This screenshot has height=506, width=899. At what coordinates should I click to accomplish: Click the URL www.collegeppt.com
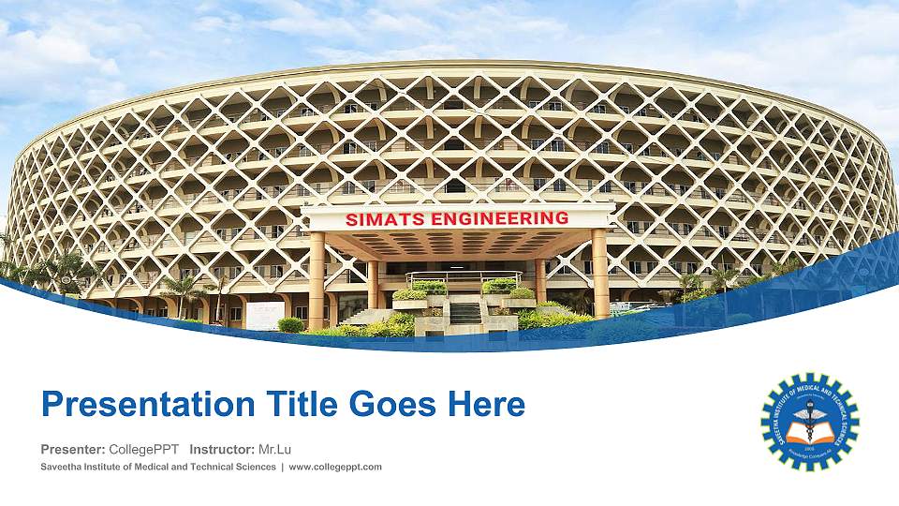(x=336, y=467)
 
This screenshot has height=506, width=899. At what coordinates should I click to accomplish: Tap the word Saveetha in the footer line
(x=64, y=467)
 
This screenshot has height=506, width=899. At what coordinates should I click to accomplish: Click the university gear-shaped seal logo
(x=809, y=421)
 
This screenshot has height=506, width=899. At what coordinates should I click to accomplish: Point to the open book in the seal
(x=809, y=432)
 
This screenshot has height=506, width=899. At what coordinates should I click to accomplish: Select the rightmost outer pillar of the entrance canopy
(x=599, y=274)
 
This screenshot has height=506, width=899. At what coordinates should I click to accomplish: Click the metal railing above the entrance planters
(x=464, y=276)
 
